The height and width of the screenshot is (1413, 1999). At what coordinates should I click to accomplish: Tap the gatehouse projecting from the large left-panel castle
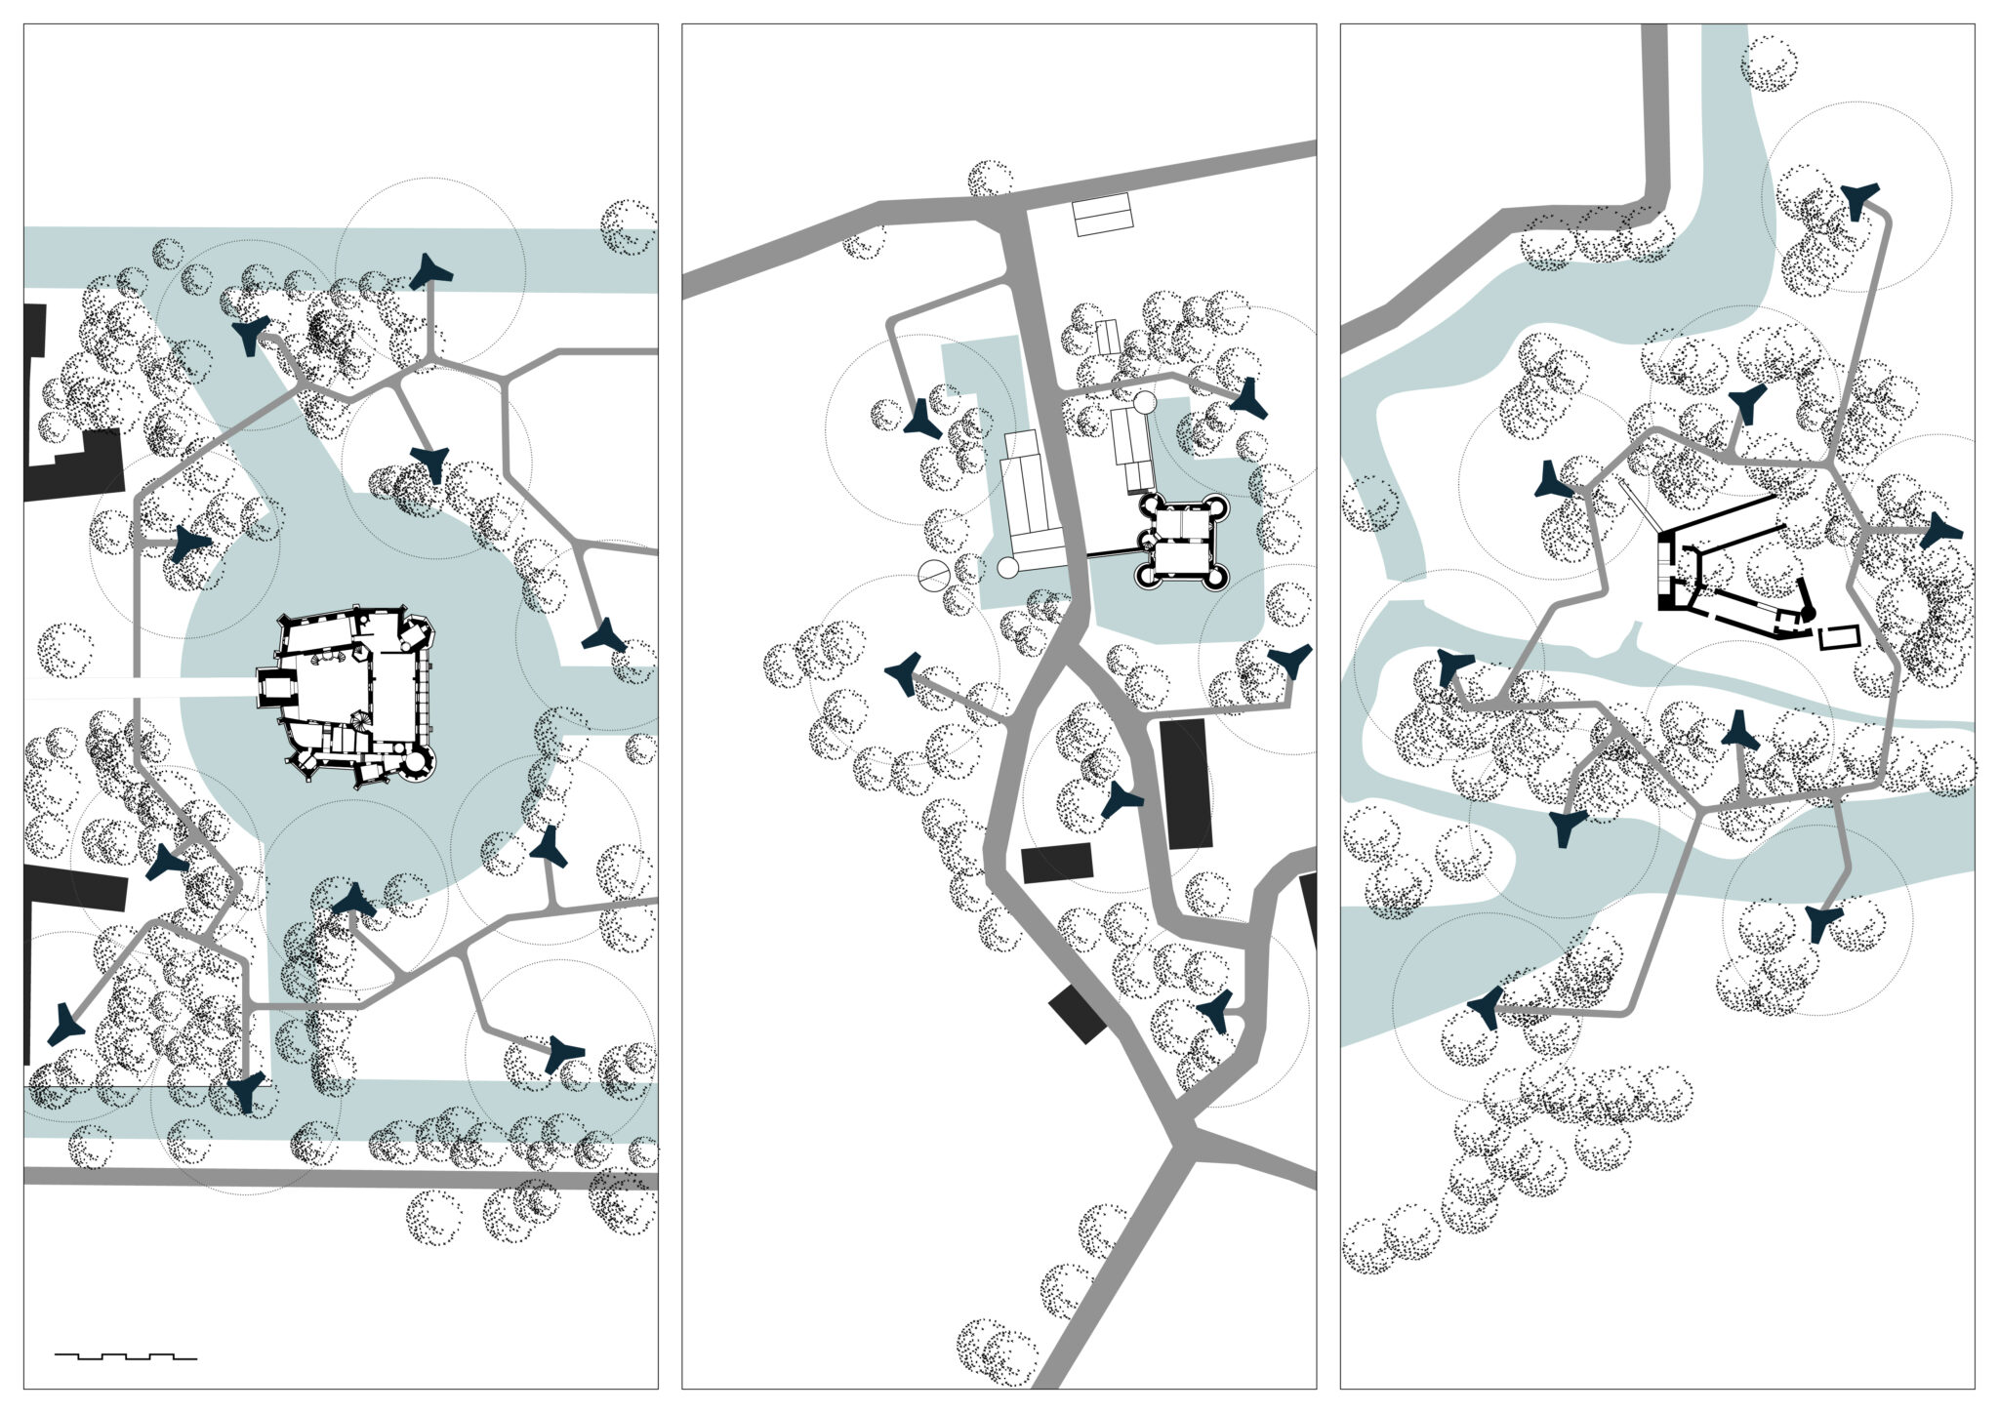coord(274,690)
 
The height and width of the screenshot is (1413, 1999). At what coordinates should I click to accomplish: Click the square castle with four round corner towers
coord(1181,541)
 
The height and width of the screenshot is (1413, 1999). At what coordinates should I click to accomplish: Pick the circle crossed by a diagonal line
coord(932,576)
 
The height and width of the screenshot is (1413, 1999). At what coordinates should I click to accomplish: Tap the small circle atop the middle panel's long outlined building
coord(1144,401)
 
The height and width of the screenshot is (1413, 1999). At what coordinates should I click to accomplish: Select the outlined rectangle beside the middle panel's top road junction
coord(1102,217)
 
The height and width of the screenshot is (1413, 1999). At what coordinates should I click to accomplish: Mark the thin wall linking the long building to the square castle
coord(1111,555)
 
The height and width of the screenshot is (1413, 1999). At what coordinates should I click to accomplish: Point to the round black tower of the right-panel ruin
coord(1807,612)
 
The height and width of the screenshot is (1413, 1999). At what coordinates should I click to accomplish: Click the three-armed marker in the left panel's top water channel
coord(428,273)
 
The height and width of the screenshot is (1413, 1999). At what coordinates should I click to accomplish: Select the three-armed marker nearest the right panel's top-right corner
coord(1856,199)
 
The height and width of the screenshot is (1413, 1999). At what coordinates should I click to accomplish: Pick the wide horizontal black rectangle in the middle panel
coord(1057,863)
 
